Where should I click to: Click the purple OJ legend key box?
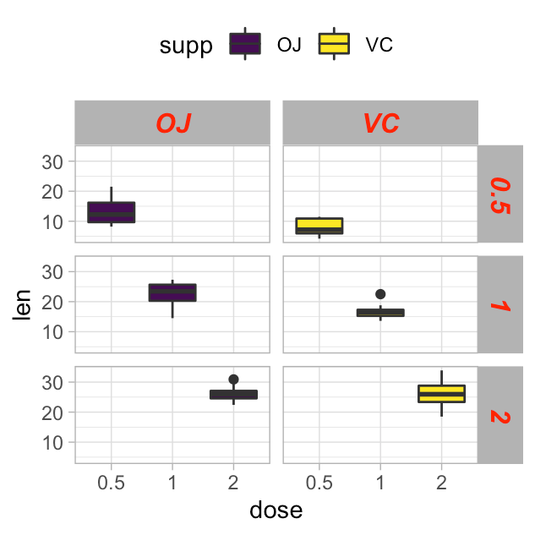[x=245, y=44]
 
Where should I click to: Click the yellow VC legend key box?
[x=334, y=44]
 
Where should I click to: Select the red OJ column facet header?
[x=172, y=123]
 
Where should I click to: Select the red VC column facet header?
[x=380, y=123]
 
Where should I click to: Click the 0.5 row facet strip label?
[x=500, y=194]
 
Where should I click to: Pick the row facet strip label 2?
[x=500, y=415]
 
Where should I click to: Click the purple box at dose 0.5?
[x=112, y=212]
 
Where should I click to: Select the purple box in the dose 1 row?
[x=172, y=292]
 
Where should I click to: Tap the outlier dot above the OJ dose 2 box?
[x=233, y=379]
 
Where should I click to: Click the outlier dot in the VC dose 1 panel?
[x=380, y=294]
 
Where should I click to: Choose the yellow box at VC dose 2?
[x=441, y=394]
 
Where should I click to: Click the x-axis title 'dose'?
[x=276, y=510]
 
